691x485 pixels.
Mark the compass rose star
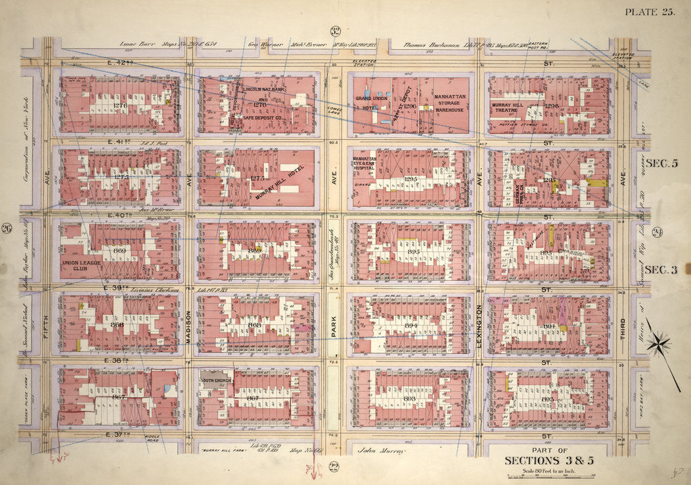657,344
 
